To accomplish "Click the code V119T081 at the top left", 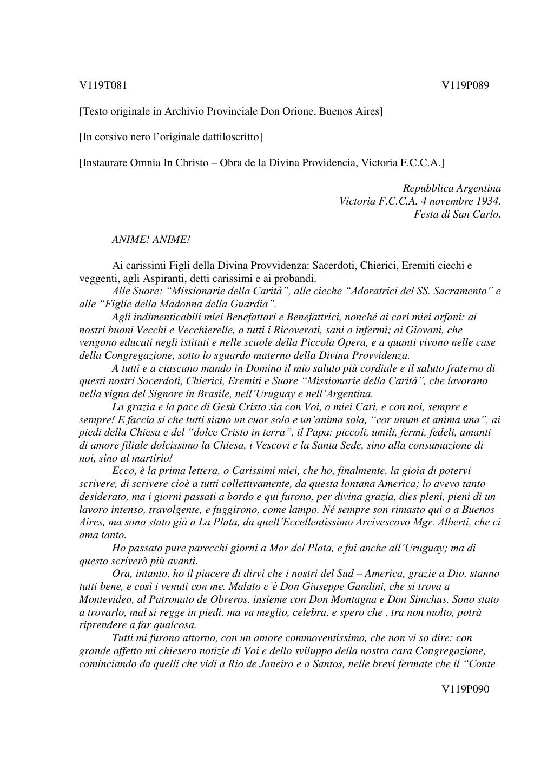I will coord(103,85).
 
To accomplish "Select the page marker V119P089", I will coord(465,85).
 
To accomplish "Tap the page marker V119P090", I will coord(465,689).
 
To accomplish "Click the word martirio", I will coord(153,458).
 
